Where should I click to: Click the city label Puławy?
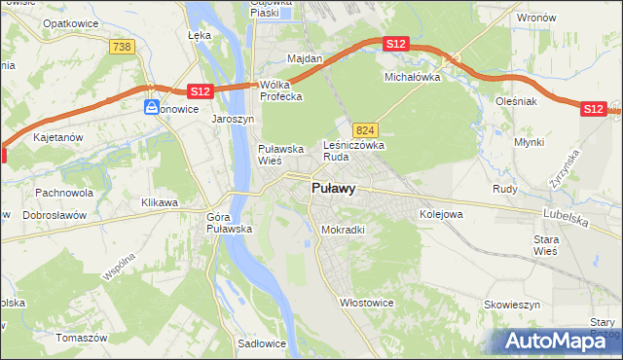point(332,189)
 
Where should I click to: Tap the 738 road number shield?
point(122,47)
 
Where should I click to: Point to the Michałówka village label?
point(413,76)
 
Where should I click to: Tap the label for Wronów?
point(536,18)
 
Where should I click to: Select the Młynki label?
point(530,141)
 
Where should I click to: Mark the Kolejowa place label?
point(440,213)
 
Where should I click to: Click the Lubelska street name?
point(563,221)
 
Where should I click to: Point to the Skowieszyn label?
point(512,305)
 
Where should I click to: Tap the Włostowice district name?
point(366,303)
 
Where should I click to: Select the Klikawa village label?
point(160,202)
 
